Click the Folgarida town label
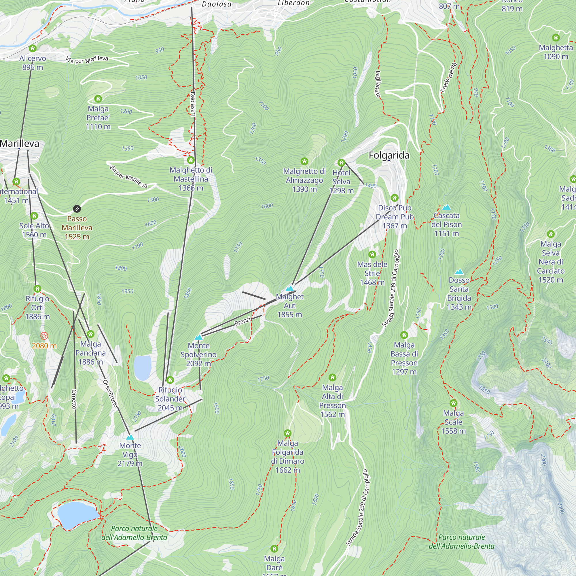(x=389, y=155)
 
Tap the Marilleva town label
(x=20, y=143)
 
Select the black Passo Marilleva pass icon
(x=77, y=209)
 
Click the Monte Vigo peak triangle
(x=130, y=437)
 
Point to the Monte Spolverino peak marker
(x=198, y=338)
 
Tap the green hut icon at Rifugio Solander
(x=170, y=380)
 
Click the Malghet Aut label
(x=289, y=305)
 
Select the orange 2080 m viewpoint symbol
(x=44, y=336)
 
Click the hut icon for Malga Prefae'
(x=98, y=99)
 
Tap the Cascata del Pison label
(x=446, y=225)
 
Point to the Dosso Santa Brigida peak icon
(x=459, y=272)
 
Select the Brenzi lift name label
(x=243, y=321)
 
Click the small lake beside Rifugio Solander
(x=143, y=367)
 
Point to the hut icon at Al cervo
(x=33, y=48)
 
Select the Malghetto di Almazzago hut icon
(x=304, y=161)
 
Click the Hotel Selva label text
(x=341, y=181)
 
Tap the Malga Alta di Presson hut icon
(x=332, y=378)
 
